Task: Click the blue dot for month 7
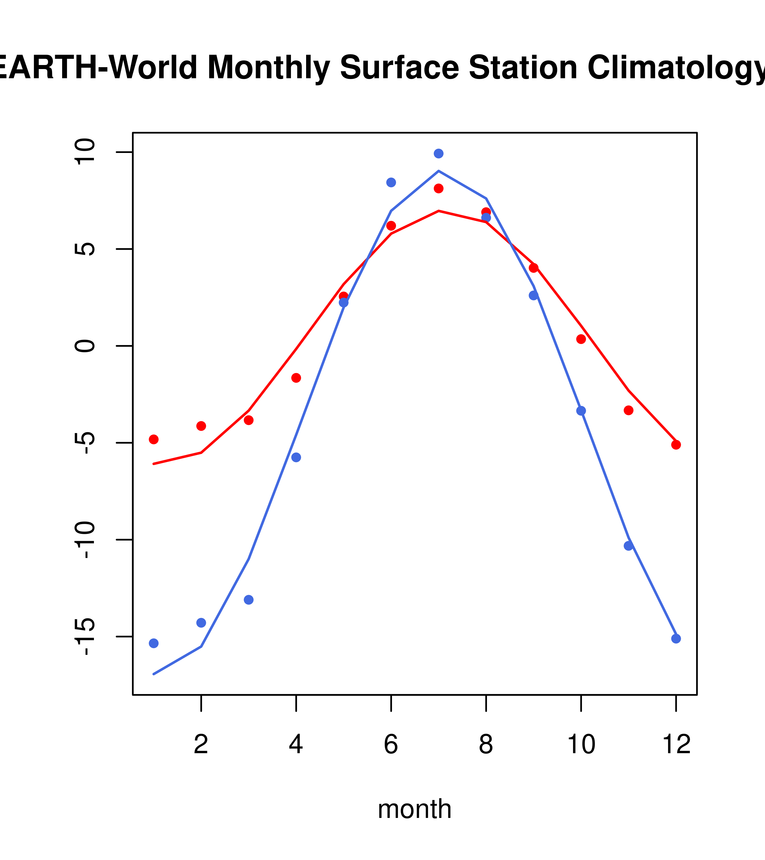(439, 153)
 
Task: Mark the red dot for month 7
(439, 189)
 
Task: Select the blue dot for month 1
(154, 643)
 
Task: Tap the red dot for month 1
(154, 439)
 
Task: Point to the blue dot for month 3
(249, 600)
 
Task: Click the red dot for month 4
(296, 378)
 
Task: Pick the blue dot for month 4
(296, 457)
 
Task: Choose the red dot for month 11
(629, 410)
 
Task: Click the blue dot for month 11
(629, 546)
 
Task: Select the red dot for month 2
(201, 426)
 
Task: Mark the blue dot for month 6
(391, 182)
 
